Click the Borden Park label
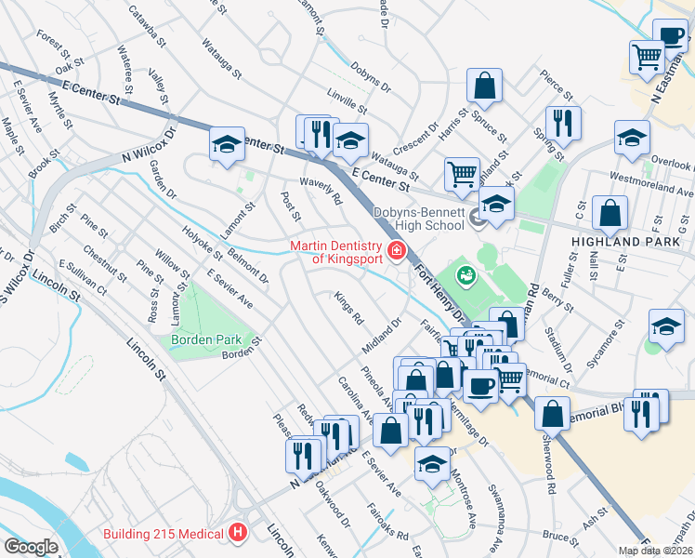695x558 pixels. coord(205,339)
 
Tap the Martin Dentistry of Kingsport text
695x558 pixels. coord(335,251)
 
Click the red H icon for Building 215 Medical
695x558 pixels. coord(238,533)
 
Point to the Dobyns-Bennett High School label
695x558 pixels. coord(418,219)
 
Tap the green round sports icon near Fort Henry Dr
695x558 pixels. coord(466,274)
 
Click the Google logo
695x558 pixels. coord(32,547)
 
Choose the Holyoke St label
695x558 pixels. coord(202,243)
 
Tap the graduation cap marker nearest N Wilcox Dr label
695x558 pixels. coord(227,144)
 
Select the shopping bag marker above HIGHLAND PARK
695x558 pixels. coord(610,213)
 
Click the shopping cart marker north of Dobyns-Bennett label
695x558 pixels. coord(462,172)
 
